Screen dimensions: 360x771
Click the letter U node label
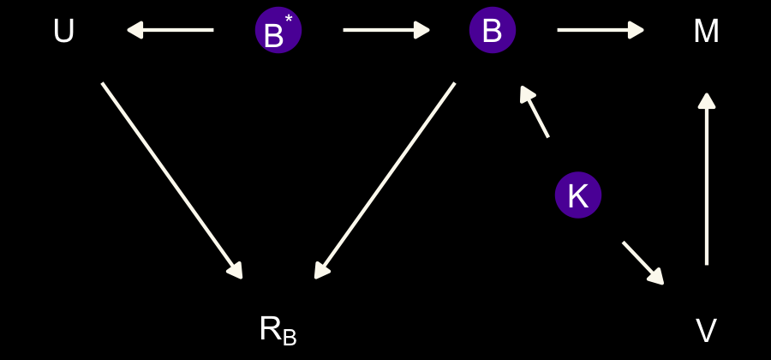click(63, 32)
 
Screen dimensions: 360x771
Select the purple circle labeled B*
click(278, 31)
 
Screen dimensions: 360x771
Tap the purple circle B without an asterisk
click(492, 31)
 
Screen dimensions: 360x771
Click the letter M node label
click(706, 32)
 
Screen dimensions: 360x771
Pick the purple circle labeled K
click(577, 195)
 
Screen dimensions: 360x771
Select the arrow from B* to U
click(170, 30)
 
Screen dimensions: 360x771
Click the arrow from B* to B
click(385, 30)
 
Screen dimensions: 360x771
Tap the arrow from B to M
click(600, 30)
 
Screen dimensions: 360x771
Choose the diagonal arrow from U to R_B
click(171, 180)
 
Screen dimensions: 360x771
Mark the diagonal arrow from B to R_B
click(385, 180)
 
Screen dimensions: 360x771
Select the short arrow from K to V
click(642, 262)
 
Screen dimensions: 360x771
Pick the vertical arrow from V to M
click(706, 180)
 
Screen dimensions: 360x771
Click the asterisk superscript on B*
click(289, 19)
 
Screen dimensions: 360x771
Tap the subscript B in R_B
click(290, 338)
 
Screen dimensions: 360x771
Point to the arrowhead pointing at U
click(135, 30)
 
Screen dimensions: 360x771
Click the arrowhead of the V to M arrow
click(706, 101)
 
